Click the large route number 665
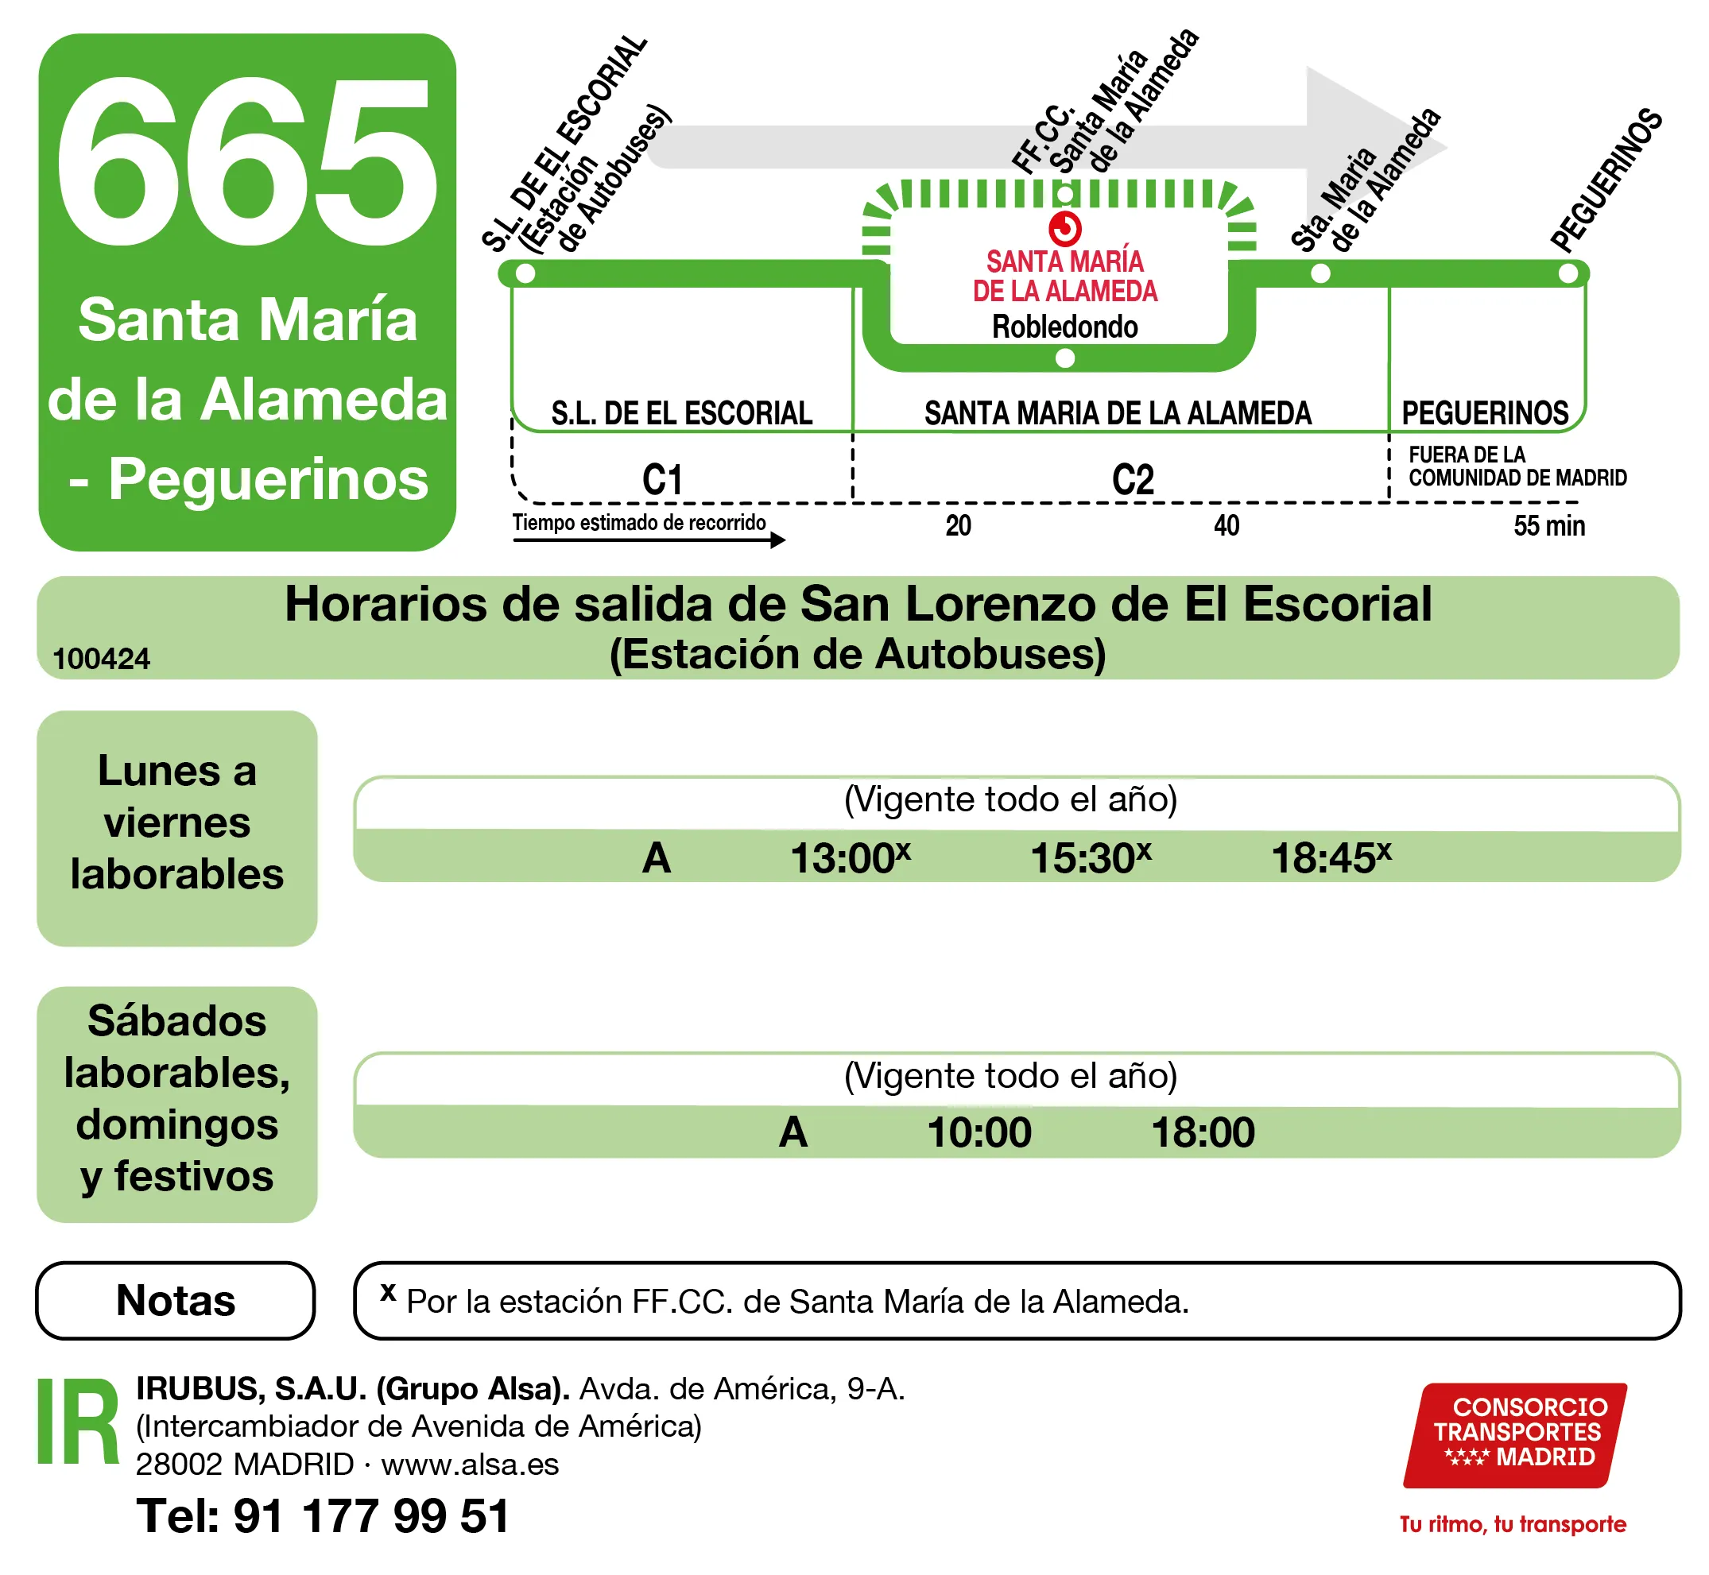(246, 162)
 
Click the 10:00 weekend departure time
(979, 1132)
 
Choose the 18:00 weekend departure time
(1203, 1132)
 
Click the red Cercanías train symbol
(1065, 228)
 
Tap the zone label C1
(662, 480)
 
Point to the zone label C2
(1133, 480)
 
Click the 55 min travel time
(1549, 526)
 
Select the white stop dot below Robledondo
(1065, 359)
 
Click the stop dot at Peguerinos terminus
(1568, 273)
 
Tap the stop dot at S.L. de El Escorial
(526, 273)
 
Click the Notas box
(176, 1301)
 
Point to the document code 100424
(102, 659)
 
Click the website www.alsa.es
(470, 1465)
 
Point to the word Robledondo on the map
(1064, 327)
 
